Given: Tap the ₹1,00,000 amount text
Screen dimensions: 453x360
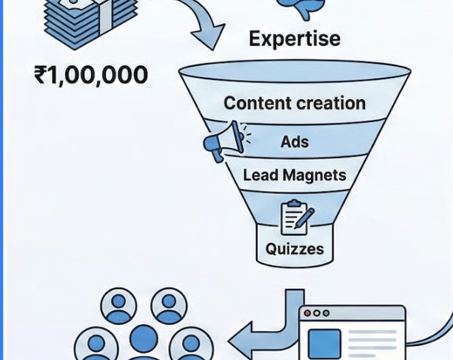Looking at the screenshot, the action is tap(91, 75).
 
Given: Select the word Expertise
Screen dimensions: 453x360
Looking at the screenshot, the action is tap(295, 38).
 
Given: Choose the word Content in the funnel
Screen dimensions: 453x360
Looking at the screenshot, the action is tap(255, 103).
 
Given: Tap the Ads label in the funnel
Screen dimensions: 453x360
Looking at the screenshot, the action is tap(295, 141).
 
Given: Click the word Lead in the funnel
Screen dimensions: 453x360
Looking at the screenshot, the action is tap(260, 176).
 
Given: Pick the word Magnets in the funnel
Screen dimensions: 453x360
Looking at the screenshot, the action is tap(313, 176).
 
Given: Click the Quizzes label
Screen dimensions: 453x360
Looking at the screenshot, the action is tap(295, 249).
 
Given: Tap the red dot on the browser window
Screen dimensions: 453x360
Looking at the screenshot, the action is tap(307, 313).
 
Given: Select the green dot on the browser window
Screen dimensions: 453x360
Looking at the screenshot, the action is tap(326, 313).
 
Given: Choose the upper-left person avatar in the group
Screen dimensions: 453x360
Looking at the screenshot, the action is tap(118, 305).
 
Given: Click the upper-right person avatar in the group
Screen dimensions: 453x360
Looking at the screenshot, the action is tap(169, 305).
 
